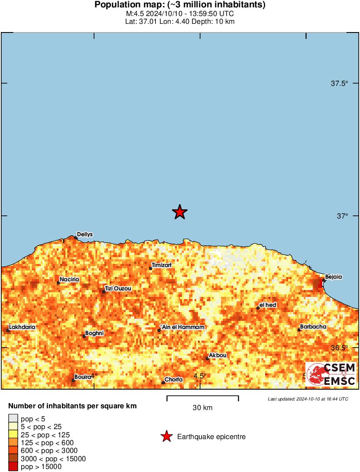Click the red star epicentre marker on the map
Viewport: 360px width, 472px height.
tap(179, 212)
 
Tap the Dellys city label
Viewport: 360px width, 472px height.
tap(85, 234)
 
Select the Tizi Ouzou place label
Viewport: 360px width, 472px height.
tap(118, 288)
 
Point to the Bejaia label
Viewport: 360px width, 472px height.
tap(333, 277)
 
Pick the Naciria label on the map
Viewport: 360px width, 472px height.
tap(69, 280)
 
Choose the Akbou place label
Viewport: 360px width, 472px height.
tap(217, 355)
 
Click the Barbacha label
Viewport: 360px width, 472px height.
tap(313, 326)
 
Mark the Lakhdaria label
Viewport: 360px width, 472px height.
tap(22, 327)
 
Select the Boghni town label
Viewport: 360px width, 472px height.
tap(94, 333)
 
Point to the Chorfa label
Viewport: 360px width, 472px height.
tap(173, 380)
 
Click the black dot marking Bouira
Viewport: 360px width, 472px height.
tap(73, 381)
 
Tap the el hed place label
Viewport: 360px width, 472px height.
tap(268, 305)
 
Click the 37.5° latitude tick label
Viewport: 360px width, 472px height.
tap(339, 83)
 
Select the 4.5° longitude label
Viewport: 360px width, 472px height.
tap(199, 376)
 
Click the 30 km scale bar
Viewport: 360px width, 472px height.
tap(202, 396)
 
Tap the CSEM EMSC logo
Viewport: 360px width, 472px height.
tap(331, 374)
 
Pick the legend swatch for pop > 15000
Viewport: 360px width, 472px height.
tap(13, 467)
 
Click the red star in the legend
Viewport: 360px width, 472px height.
tap(166, 437)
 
